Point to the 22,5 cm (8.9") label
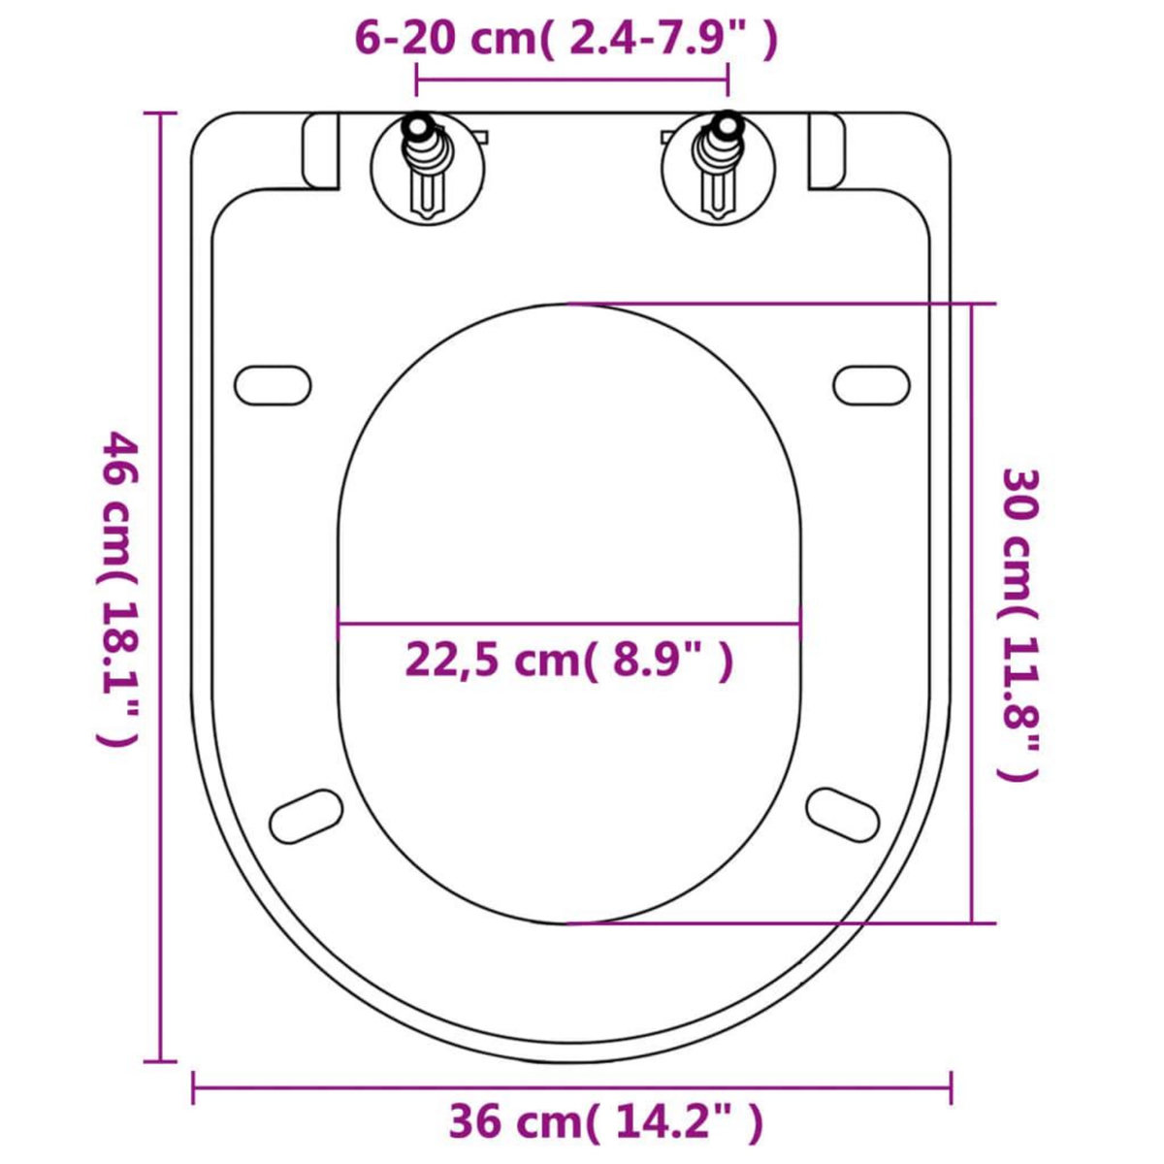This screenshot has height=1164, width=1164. pos(568,661)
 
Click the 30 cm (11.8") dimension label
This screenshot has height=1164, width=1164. pos(1019,625)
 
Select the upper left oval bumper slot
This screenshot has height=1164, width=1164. pos(273,385)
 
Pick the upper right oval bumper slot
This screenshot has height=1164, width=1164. pos(871,385)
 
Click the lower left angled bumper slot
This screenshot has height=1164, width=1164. pos(307,817)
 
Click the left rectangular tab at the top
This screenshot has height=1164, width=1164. pos(320,150)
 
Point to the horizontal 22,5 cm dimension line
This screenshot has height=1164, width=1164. pos(569,624)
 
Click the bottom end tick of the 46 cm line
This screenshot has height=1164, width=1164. pos(160,1061)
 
